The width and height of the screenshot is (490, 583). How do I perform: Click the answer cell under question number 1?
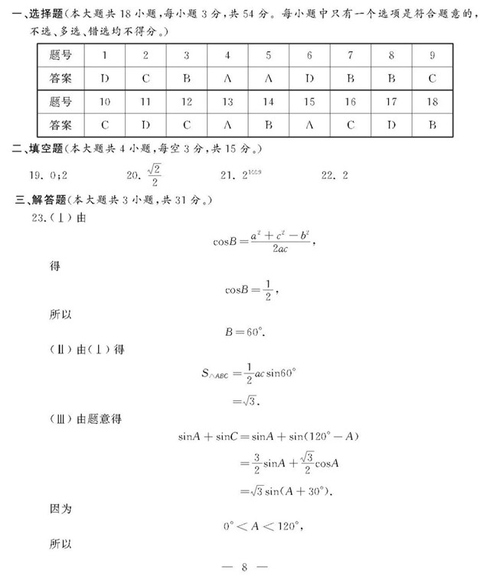click(104, 77)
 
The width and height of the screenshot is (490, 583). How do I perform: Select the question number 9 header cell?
click(432, 55)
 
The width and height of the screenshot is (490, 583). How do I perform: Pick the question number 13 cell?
click(227, 102)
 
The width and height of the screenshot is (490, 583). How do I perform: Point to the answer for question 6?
click(309, 77)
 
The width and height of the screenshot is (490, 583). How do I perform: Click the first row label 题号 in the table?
click(64, 55)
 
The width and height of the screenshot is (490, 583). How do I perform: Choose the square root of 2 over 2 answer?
click(155, 175)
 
